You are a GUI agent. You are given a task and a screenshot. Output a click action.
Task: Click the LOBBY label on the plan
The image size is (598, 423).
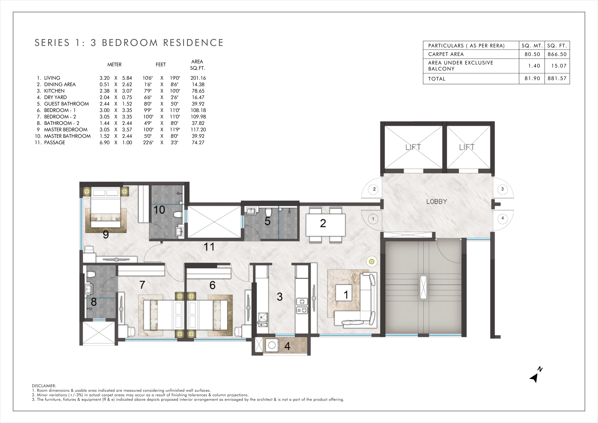tap(437, 201)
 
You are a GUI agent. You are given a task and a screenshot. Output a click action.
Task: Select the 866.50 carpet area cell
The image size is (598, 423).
tap(557, 54)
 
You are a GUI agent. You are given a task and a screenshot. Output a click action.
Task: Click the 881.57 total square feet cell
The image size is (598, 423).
tap(557, 78)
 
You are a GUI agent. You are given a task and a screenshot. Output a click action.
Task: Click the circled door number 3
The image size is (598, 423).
tap(502, 189)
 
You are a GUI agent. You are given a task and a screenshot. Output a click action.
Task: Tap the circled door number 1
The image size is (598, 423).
tap(373, 219)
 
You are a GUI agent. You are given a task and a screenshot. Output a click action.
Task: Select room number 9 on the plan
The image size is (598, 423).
tap(106, 235)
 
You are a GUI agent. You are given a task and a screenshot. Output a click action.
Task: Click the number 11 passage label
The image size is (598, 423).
tap(209, 246)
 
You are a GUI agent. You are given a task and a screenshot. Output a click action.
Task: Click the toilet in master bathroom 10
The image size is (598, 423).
tap(178, 214)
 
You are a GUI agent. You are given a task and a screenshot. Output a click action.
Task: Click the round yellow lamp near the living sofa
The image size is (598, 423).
tap(372, 261)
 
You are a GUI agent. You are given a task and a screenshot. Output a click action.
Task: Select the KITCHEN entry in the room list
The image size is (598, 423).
tap(54, 91)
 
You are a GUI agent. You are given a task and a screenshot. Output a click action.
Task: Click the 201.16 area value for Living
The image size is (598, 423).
tap(198, 78)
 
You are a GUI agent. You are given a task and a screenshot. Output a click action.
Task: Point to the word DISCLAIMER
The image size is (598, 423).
tap(44, 386)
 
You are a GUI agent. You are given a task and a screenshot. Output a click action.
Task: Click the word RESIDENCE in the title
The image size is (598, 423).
tap(193, 43)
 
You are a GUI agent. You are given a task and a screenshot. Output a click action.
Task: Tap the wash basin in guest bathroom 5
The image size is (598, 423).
tap(251, 210)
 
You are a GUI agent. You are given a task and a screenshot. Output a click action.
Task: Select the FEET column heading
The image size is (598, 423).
tap(161, 65)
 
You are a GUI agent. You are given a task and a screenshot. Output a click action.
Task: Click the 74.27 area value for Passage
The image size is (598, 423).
tap(198, 143)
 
